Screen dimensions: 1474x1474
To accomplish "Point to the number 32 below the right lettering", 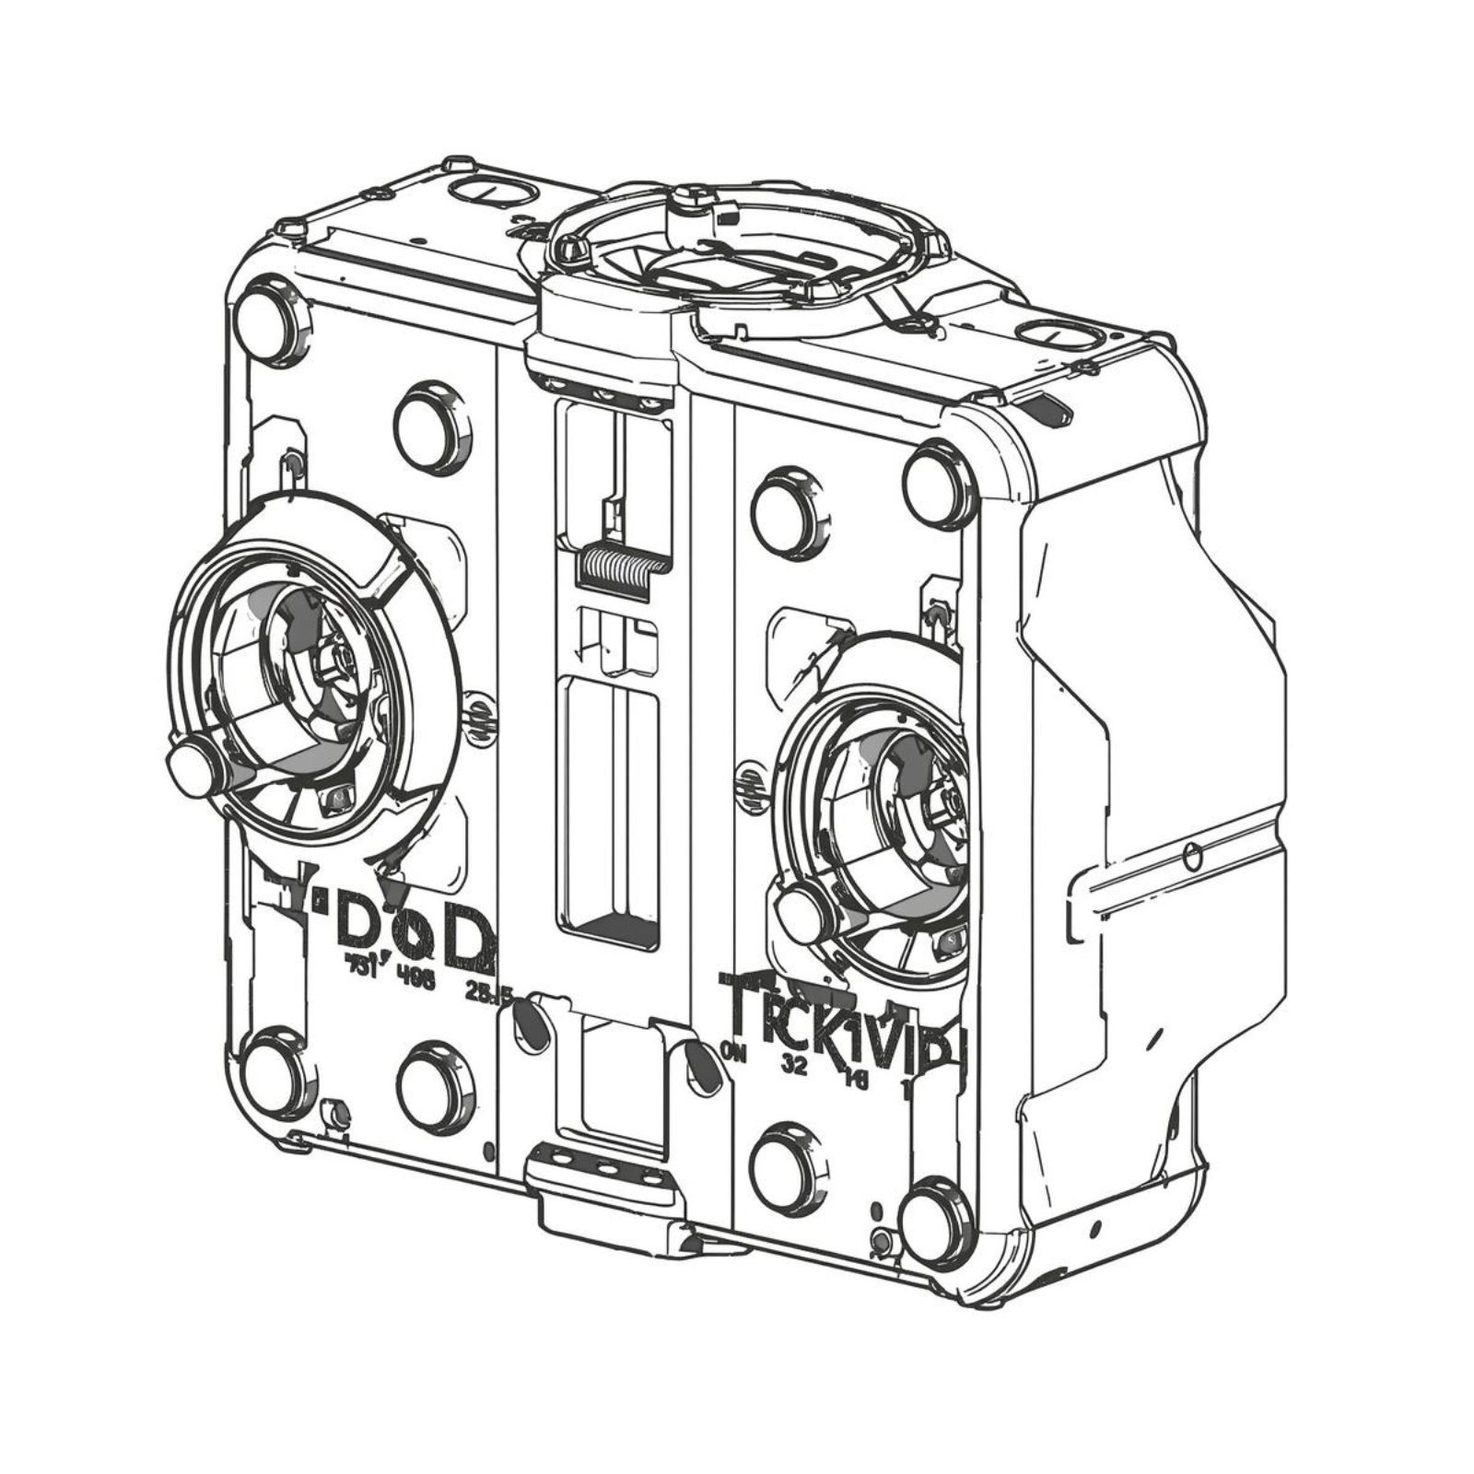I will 794,1066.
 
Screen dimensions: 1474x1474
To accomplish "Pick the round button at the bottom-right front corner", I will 935,1222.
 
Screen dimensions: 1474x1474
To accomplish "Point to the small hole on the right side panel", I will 1193,856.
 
